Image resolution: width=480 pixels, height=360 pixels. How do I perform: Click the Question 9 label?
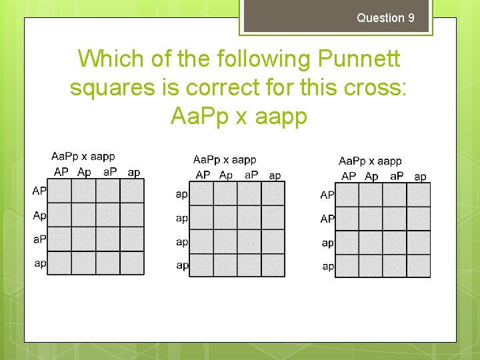[x=385, y=18]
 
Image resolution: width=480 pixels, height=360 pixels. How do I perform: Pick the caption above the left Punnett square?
[x=83, y=157]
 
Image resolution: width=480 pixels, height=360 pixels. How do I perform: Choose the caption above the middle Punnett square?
[x=225, y=160]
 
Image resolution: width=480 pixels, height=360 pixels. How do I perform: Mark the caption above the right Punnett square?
[x=370, y=161]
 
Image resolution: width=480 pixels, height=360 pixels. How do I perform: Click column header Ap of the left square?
[x=85, y=172]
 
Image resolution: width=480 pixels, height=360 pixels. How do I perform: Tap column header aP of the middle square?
[x=252, y=175]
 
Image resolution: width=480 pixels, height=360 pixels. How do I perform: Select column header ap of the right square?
[x=420, y=177]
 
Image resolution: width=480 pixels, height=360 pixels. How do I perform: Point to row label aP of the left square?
[x=40, y=239]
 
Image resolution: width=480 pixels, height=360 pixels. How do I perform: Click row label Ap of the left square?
[x=40, y=215]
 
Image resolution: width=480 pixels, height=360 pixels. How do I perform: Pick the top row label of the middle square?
[x=182, y=194]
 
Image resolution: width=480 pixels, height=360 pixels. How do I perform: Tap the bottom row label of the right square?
[x=328, y=266]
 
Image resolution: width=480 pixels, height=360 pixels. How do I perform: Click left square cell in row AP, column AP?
[x=60, y=191]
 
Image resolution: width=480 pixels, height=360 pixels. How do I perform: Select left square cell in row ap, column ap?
[x=132, y=263]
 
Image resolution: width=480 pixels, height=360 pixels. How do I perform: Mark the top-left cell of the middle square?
[x=201, y=194]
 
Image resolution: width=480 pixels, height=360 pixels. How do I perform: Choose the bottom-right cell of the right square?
[x=419, y=265]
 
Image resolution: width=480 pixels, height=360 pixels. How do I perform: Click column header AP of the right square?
[x=349, y=177]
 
